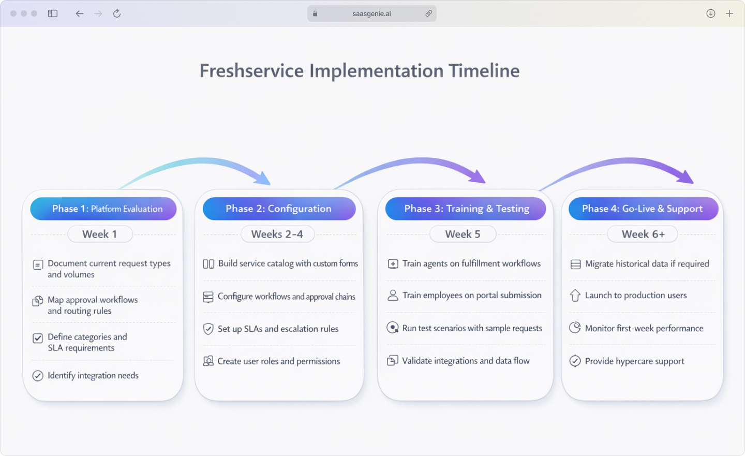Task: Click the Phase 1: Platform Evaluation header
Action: pyautogui.click(x=103, y=209)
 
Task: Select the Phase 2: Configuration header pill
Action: pyautogui.click(x=279, y=209)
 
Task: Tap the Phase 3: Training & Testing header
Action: pyautogui.click(x=466, y=209)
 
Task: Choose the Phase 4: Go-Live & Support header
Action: pyautogui.click(x=643, y=209)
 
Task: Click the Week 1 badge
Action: pyautogui.click(x=100, y=234)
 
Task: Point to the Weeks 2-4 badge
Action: pyautogui.click(x=277, y=234)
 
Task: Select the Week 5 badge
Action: pyautogui.click(x=463, y=234)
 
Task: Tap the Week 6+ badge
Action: pyautogui.click(x=643, y=234)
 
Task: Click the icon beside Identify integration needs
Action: pyautogui.click(x=38, y=376)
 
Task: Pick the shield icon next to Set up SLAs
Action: pyautogui.click(x=208, y=329)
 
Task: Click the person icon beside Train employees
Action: pyautogui.click(x=393, y=296)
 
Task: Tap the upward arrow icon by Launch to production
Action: pyautogui.click(x=575, y=296)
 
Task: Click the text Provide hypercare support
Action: pyautogui.click(x=634, y=361)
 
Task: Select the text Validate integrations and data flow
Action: pyautogui.click(x=466, y=361)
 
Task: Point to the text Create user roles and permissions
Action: pyautogui.click(x=278, y=361)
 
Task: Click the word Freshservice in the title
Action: pyautogui.click(x=251, y=71)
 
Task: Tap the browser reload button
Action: pyautogui.click(x=117, y=13)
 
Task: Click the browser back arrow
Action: pyautogui.click(x=79, y=13)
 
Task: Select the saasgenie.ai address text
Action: pyautogui.click(x=371, y=14)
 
